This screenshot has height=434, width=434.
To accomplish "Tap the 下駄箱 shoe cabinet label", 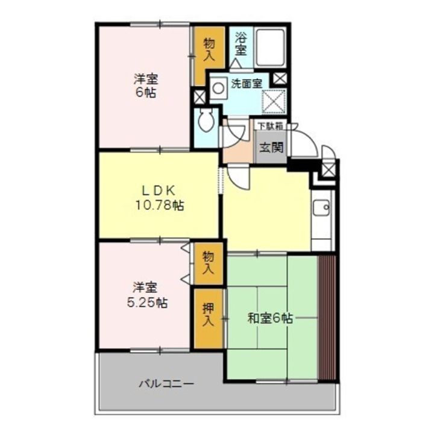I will (269, 126).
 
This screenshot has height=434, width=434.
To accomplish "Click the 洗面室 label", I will (247, 85).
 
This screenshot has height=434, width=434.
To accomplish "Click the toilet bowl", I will (206, 120).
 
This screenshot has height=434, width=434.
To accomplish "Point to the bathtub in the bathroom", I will (271, 47).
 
